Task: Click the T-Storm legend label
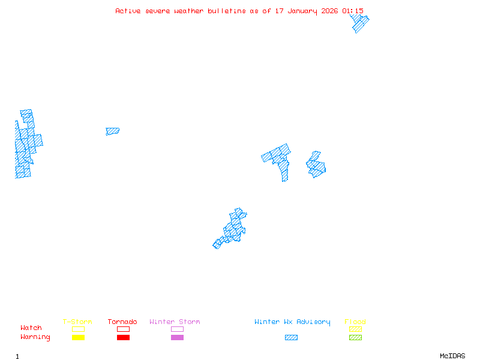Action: pyautogui.click(x=77, y=322)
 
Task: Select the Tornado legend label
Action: pyautogui.click(x=122, y=322)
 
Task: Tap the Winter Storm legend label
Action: pyautogui.click(x=175, y=322)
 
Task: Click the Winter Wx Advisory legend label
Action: pyautogui.click(x=292, y=322)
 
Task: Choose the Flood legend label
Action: pyautogui.click(x=355, y=322)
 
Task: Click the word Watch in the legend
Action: pyautogui.click(x=31, y=328)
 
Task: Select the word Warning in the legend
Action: pyautogui.click(x=35, y=337)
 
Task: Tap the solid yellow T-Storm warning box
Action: pyautogui.click(x=78, y=338)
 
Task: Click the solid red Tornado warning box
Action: pyautogui.click(x=123, y=338)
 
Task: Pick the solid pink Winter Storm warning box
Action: pyautogui.click(x=177, y=338)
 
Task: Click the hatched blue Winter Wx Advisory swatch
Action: pyautogui.click(x=291, y=338)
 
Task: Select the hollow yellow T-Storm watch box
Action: pyautogui.click(x=78, y=329)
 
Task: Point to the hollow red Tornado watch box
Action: pyautogui.click(x=123, y=329)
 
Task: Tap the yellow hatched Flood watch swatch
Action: pyautogui.click(x=355, y=329)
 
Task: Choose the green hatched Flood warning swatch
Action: pyautogui.click(x=355, y=338)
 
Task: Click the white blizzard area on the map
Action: pyautogui.click(x=19, y=111)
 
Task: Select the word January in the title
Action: pyautogui.click(x=303, y=11)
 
